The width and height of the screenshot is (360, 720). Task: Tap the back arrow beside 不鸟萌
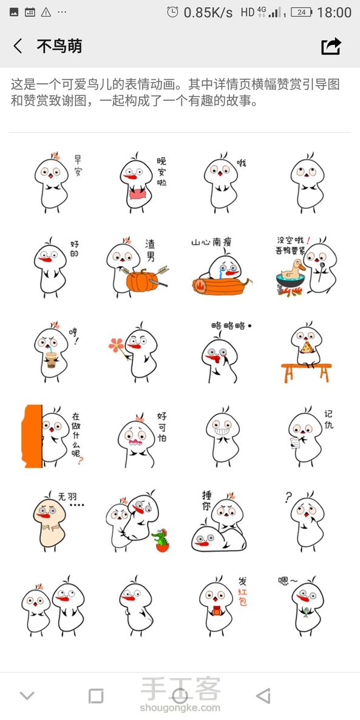(18, 46)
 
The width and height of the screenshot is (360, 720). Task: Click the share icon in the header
(331, 46)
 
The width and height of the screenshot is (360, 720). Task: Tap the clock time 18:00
(334, 12)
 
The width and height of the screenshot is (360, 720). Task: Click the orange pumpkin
(142, 281)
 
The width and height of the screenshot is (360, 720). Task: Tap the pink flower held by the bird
(116, 345)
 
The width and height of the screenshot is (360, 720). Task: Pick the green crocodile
(161, 540)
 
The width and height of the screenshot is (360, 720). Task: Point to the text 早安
(78, 166)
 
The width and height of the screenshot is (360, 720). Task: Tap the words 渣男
(150, 250)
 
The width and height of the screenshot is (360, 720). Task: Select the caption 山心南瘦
(212, 242)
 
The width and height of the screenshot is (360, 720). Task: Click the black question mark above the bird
(288, 497)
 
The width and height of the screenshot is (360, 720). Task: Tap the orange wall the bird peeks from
(32, 436)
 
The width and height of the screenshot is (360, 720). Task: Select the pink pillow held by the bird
(137, 194)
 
